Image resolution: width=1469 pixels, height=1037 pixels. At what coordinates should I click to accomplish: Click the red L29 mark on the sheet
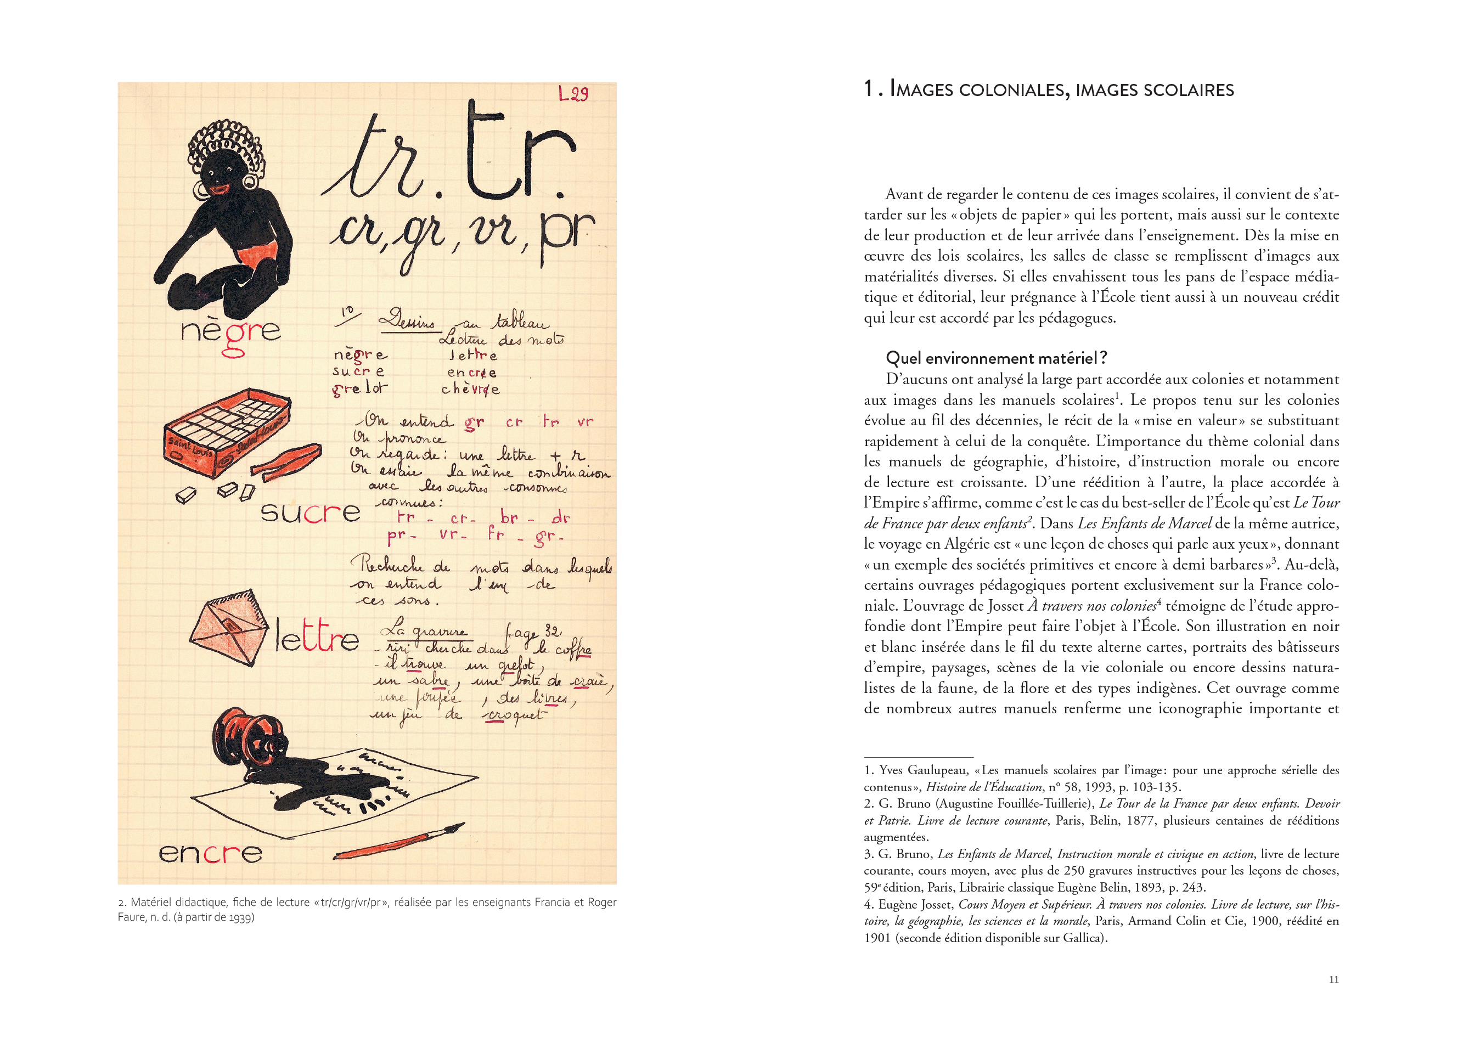click(x=573, y=94)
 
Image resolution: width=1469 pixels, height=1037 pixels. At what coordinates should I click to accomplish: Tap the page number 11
click(x=1333, y=979)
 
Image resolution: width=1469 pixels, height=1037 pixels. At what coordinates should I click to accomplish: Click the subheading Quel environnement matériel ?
click(x=996, y=358)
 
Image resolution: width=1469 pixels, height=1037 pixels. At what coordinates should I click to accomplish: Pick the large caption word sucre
click(x=309, y=512)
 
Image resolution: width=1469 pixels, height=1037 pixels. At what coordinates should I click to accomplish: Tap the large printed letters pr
click(x=567, y=234)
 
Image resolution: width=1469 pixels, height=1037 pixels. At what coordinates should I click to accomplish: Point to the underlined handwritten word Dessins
click(x=407, y=320)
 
